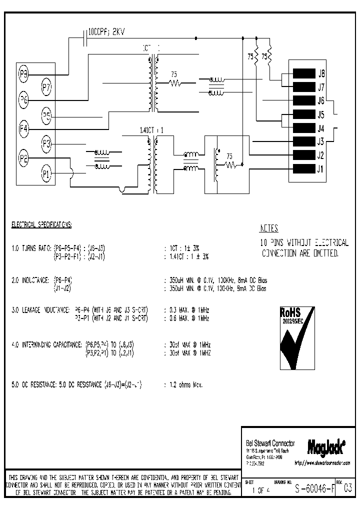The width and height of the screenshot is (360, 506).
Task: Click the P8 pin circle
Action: [x=23, y=75]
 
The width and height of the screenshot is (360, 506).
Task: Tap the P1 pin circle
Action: [x=46, y=174]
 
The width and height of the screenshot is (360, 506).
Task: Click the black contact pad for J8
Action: [x=303, y=73]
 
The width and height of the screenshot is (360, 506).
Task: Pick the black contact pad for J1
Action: [x=303, y=168]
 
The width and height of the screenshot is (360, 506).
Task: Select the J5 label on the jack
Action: [x=321, y=114]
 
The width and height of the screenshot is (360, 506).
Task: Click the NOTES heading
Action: [x=269, y=228]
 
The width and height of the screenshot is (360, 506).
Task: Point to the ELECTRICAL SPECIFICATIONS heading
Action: [x=41, y=225]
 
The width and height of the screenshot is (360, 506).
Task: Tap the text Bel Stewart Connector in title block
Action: [x=270, y=443]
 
